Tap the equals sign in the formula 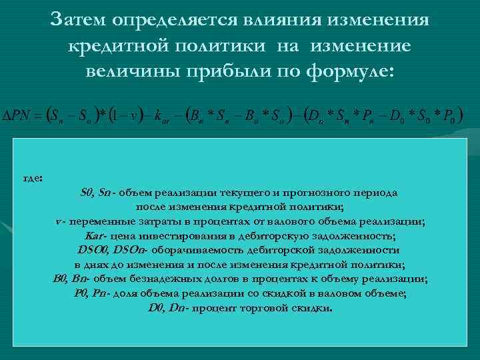38,115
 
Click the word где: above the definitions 33,179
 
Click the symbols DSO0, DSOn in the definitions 113,251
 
